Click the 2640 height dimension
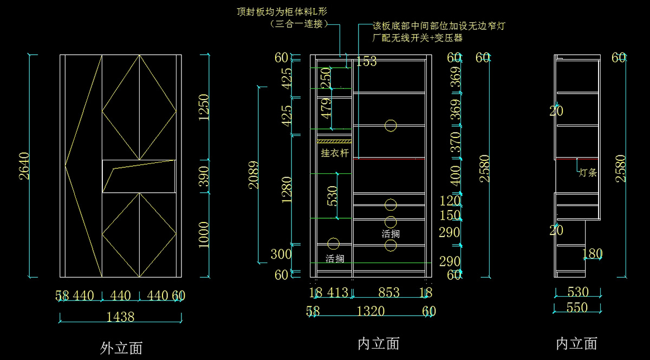(24, 167)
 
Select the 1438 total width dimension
(120, 317)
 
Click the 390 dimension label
(204, 176)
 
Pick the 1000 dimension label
(204, 234)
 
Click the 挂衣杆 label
(333, 153)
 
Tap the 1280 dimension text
(287, 190)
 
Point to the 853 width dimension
(388, 293)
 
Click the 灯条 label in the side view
(588, 173)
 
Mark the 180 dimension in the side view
(592, 253)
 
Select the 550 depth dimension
(577, 307)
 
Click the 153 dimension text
(366, 62)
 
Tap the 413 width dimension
(337, 293)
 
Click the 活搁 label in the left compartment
(335, 259)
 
